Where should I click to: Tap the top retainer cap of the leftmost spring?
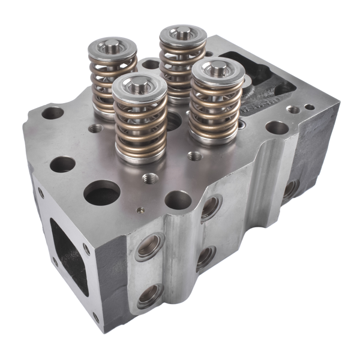[112, 46]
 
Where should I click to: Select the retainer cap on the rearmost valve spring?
[182, 34]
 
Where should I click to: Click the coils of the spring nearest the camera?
[140, 129]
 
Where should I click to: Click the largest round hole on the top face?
[101, 193]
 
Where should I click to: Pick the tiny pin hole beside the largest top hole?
[140, 210]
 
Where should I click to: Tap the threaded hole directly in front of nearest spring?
[150, 178]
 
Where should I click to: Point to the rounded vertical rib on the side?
[178, 252]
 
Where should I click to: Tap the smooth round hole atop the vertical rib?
[178, 200]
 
